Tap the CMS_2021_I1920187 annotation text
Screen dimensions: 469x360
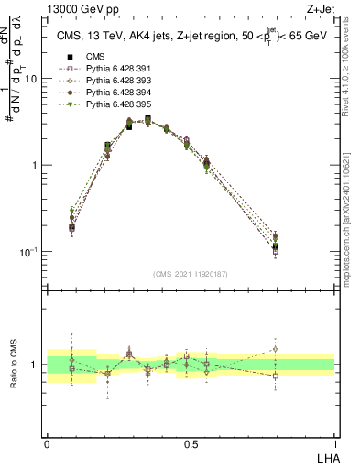coord(191,275)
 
